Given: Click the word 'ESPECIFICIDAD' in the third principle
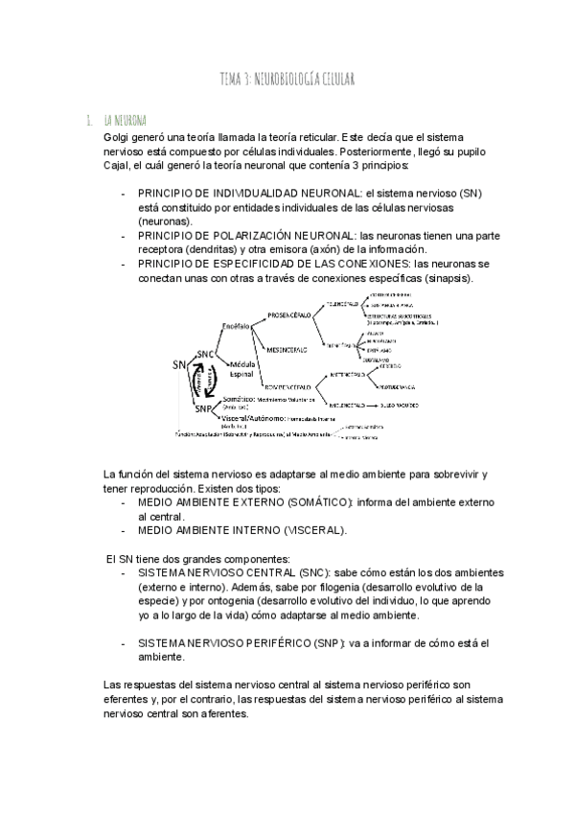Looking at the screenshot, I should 246,263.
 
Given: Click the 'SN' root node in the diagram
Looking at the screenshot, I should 180,364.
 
